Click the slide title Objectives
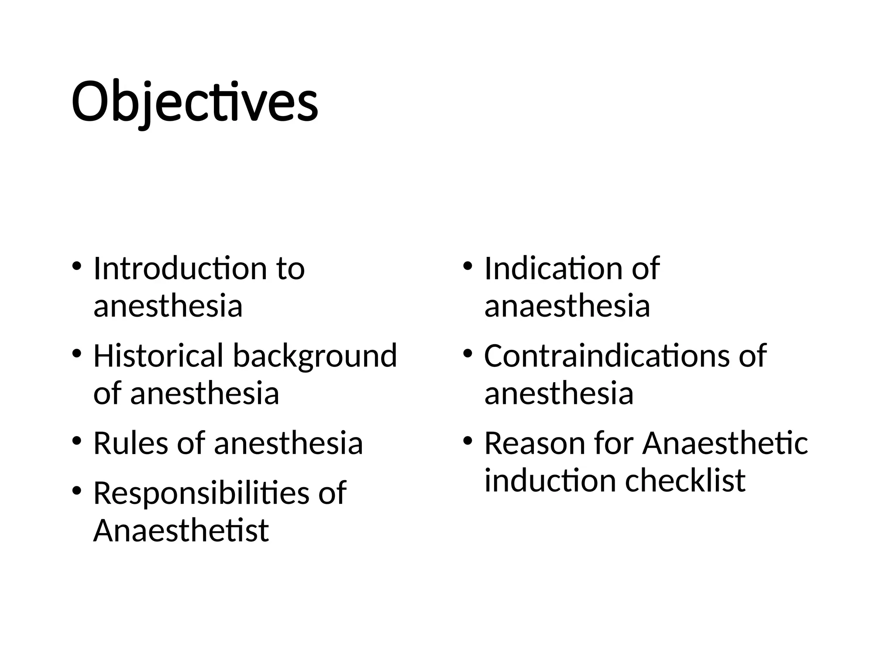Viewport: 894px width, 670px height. point(195,103)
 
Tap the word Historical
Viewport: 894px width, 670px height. point(158,356)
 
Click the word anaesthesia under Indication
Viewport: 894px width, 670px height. point(567,306)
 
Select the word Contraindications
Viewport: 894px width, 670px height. point(606,356)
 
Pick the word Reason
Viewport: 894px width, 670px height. point(534,444)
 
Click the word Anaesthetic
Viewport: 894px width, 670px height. point(725,444)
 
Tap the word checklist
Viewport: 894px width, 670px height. point(685,481)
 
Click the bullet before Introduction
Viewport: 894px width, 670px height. point(76,266)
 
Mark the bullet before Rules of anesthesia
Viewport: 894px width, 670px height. point(76,441)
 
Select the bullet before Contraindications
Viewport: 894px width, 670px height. point(468,353)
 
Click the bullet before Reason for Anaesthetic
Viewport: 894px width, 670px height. point(468,441)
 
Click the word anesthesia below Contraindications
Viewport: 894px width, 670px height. point(559,393)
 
